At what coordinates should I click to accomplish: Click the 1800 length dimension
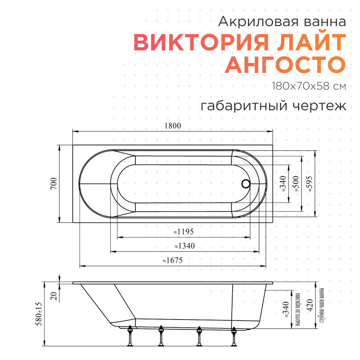tap(173, 126)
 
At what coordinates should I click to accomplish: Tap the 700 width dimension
tap(53, 184)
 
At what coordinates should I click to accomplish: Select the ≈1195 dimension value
tap(183, 232)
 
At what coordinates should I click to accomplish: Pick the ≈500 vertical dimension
tap(296, 184)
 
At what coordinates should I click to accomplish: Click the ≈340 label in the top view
tap(282, 184)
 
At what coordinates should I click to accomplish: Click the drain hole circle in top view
tap(246, 184)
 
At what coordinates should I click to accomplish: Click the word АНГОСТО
tap(285, 65)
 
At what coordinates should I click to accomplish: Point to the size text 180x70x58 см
tap(309, 86)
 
